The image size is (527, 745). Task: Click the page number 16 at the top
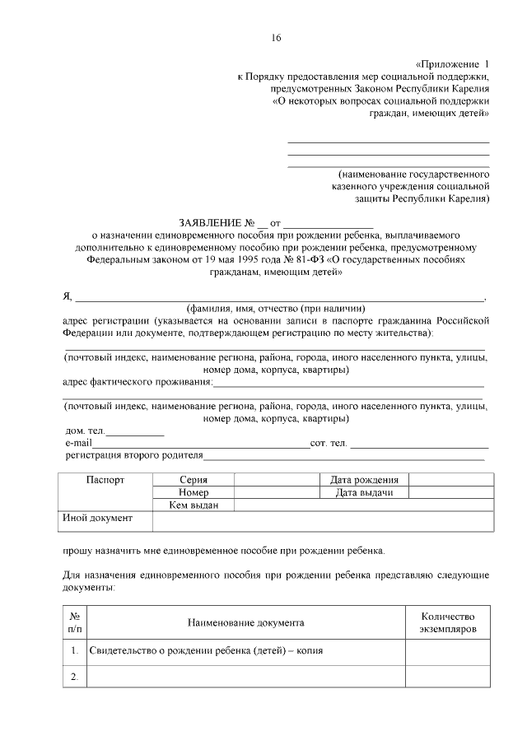[276, 38]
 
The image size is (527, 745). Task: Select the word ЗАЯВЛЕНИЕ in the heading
[210, 223]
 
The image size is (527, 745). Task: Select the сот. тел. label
[328, 444]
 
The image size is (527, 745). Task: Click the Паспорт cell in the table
[105, 479]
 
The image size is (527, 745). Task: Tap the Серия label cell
[194, 479]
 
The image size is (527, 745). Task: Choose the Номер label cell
[194, 492]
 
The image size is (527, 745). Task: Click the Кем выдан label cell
[194, 505]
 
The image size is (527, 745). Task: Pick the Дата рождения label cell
[364, 479]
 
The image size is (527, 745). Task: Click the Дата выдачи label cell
[364, 492]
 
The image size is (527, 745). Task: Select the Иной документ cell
[97, 519]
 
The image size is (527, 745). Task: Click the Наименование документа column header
[245, 623]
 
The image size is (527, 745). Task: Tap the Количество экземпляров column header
[448, 623]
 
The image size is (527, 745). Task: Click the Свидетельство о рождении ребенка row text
[206, 650]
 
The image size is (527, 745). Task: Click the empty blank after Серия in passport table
[276, 479]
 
